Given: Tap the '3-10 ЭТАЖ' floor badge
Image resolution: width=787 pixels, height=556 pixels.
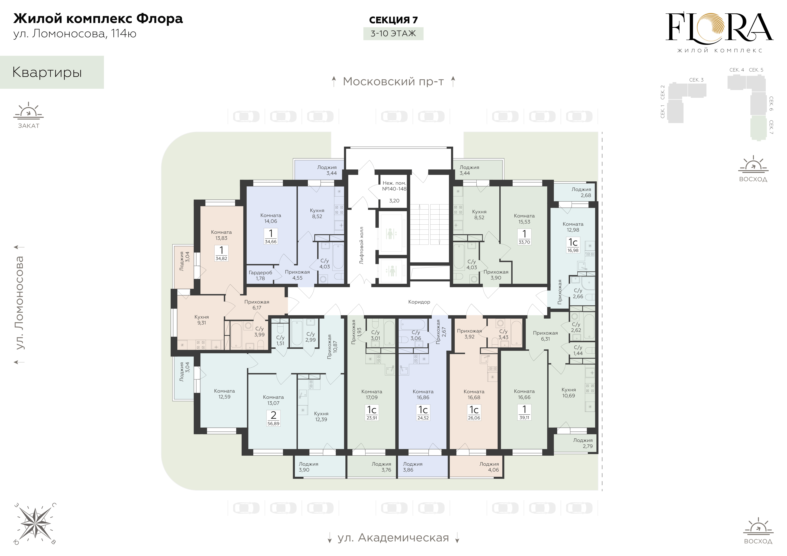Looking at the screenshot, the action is tap(393, 34).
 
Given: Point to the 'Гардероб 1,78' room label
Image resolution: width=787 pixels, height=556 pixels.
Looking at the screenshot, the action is tap(260, 275).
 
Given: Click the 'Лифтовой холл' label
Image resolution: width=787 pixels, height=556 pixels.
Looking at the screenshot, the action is tap(361, 245).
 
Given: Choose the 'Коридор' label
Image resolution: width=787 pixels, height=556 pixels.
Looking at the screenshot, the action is tap(419, 302).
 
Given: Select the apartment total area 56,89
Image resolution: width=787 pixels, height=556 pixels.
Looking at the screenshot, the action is tap(273, 424).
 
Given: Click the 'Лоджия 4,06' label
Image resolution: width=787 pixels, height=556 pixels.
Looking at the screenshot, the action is tap(489, 467).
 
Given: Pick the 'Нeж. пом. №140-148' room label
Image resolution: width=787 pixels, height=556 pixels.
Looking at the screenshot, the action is tap(394, 186).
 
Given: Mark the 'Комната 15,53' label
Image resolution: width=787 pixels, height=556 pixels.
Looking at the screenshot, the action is tap(524, 219).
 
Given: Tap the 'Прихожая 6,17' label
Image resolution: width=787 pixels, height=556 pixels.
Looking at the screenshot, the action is tap(257, 305).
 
